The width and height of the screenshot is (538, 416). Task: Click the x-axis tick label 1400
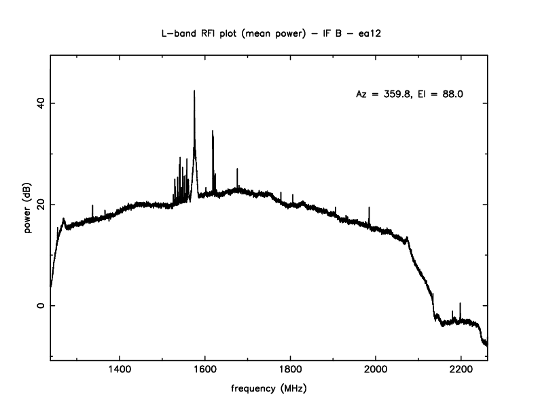tap(120, 370)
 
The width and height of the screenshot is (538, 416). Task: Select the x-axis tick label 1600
tap(205, 370)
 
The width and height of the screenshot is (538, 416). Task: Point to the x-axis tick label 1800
tap(290, 370)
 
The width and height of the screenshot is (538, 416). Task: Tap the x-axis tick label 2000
tap(376, 370)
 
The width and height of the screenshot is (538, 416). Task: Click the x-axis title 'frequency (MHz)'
tap(269, 389)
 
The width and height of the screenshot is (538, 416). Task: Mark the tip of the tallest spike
tap(194, 90)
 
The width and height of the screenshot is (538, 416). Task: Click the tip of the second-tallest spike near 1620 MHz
tap(213, 131)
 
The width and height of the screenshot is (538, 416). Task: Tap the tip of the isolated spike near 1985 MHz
tap(369, 207)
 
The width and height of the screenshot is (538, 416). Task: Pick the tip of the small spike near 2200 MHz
tap(460, 303)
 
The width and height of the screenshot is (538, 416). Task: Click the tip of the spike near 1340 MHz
tap(92, 205)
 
